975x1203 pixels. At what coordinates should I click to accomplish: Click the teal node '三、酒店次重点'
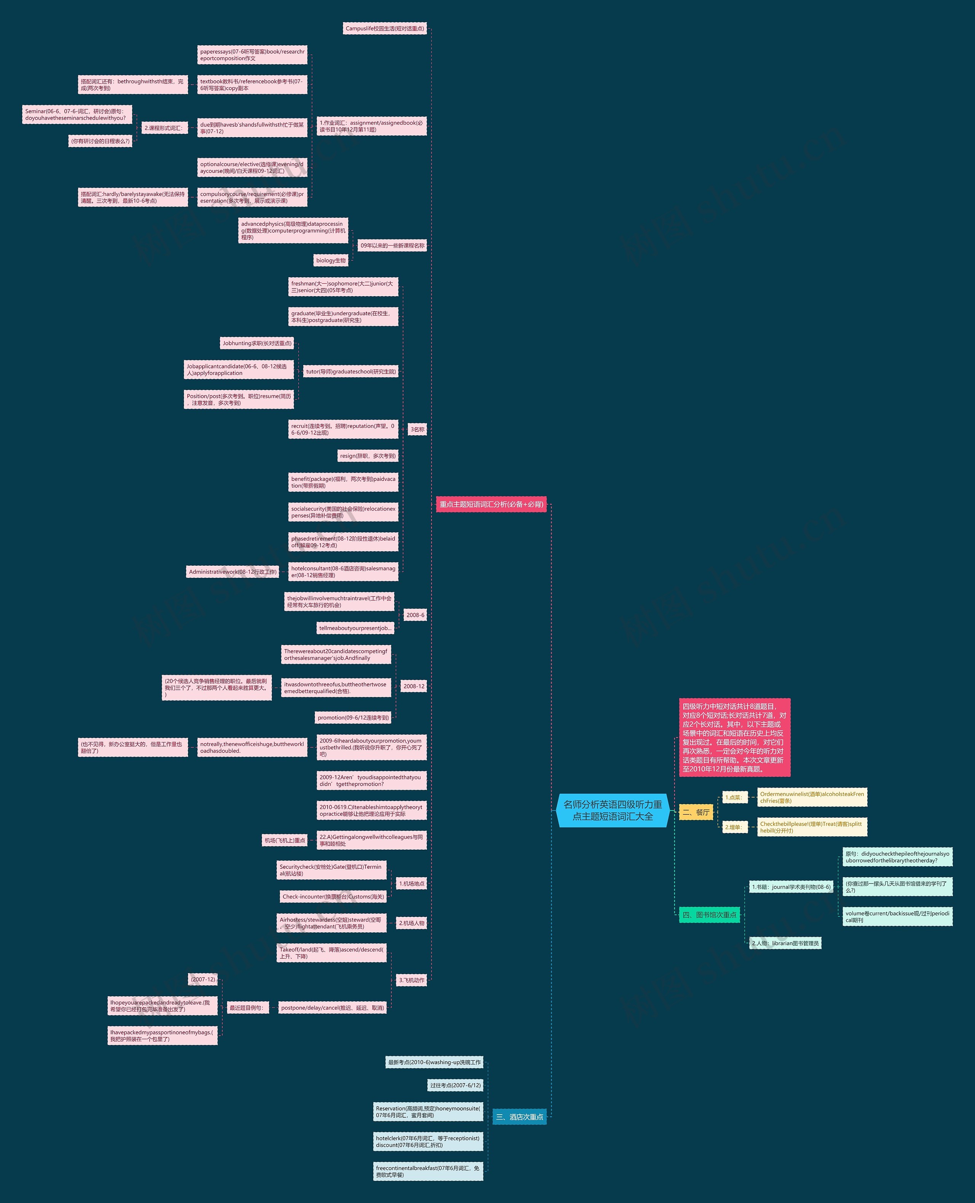[519, 1117]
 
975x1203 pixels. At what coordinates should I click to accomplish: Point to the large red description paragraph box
[734, 737]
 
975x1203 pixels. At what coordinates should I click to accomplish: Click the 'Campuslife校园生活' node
[385, 28]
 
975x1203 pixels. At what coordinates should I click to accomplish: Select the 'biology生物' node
[331, 260]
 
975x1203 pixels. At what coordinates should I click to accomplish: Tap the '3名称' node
[417, 429]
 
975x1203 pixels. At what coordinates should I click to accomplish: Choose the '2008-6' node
[415, 615]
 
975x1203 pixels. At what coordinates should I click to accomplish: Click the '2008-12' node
[414, 686]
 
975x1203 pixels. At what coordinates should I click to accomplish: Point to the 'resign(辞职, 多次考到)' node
[368, 456]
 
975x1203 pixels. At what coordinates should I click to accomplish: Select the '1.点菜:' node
[734, 797]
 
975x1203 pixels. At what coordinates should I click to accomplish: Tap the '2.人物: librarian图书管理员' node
[785, 943]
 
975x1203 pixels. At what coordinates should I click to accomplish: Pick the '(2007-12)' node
[203, 979]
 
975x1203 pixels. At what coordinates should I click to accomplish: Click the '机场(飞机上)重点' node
[285, 840]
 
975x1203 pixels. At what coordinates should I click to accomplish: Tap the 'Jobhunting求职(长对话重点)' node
[257, 343]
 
